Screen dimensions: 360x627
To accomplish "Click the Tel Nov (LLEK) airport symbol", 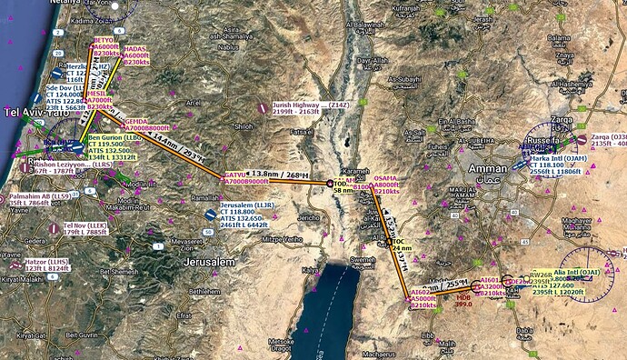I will (55, 226).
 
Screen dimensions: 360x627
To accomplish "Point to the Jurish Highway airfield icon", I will (263, 107).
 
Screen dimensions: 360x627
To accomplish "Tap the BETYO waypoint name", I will (105, 41).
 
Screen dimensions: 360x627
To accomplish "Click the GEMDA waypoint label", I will (135, 121).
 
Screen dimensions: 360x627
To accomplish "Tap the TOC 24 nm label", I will (398, 241).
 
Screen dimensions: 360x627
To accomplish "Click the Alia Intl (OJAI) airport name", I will (578, 271).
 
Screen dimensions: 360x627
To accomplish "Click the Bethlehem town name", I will (214, 293).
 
